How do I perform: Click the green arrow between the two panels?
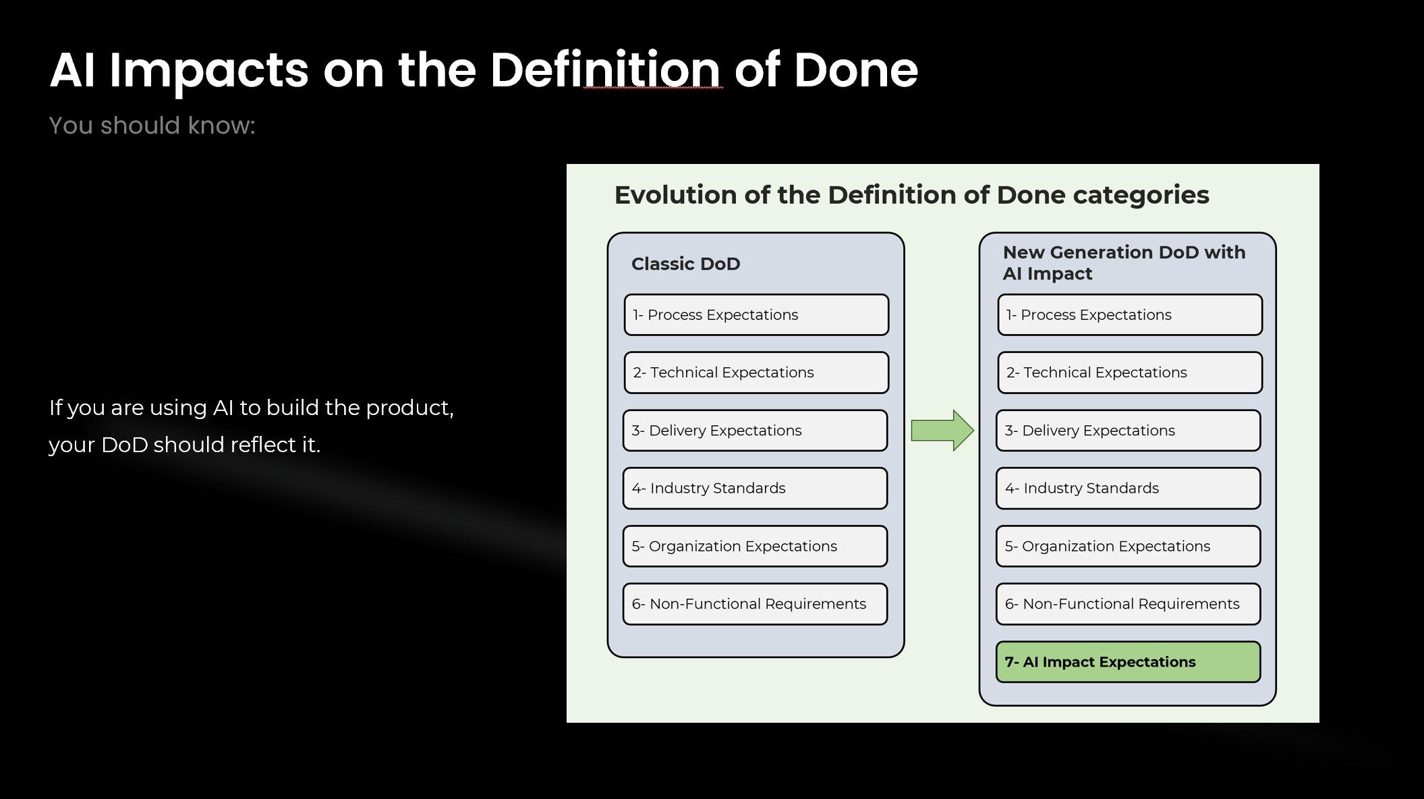(x=942, y=431)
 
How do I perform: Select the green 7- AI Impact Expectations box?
(x=1127, y=662)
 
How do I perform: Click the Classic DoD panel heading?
(x=685, y=264)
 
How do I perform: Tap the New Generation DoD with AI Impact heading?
(x=1123, y=263)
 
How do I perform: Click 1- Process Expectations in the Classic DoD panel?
(x=756, y=315)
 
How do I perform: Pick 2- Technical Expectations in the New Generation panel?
(x=1129, y=373)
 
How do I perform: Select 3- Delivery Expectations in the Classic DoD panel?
(x=754, y=431)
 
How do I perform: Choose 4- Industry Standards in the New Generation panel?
(x=1127, y=489)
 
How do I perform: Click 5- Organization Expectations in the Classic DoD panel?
(x=754, y=547)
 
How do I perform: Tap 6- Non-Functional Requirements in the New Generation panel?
(x=1127, y=604)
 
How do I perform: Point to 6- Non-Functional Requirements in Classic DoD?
(x=754, y=604)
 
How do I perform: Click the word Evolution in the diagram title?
(x=675, y=195)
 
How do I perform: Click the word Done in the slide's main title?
(x=855, y=70)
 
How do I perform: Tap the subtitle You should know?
(x=152, y=126)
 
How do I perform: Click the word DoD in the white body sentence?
(x=124, y=445)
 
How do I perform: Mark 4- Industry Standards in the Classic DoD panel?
(x=754, y=489)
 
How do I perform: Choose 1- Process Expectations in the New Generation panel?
(x=1129, y=315)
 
